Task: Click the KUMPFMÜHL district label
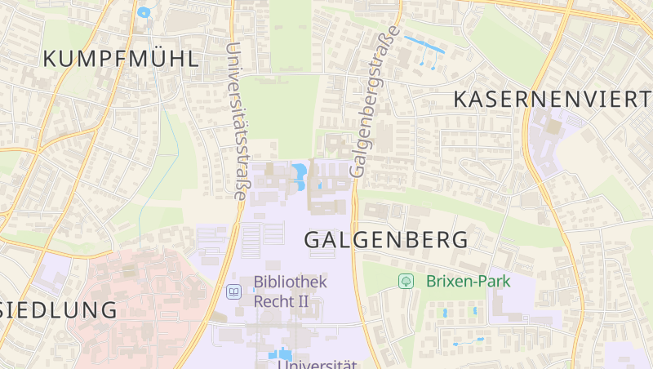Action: [121, 59]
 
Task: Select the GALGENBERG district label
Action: [387, 240]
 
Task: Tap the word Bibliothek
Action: [290, 282]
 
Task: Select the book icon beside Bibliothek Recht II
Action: [234, 291]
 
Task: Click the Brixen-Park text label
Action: [468, 281]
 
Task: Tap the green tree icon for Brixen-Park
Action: [406, 281]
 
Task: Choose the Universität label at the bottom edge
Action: [318, 363]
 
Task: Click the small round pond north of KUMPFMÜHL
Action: [144, 12]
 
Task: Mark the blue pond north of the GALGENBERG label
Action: [299, 174]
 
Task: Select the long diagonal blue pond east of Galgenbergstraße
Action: [424, 44]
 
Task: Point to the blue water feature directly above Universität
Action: [279, 353]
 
